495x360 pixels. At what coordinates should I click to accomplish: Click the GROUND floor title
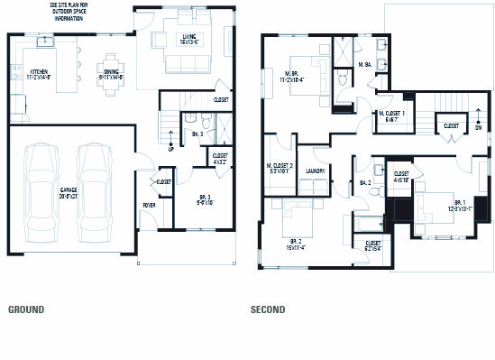[x=26, y=309]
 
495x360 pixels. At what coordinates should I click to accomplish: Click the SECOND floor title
[x=268, y=309]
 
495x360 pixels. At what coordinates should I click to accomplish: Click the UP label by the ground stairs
[x=171, y=150]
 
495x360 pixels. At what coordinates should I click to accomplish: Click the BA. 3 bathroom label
[x=197, y=134]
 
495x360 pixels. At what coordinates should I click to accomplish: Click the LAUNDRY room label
[x=315, y=169]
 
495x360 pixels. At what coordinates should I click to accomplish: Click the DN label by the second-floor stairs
[x=478, y=127]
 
